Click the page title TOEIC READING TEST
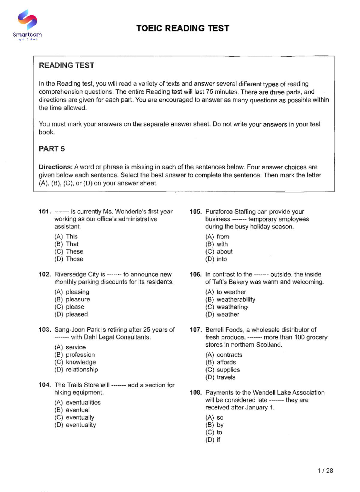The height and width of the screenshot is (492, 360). tap(183, 29)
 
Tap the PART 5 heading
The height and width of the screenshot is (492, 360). tap(52, 149)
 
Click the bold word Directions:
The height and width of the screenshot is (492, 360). tap(55, 167)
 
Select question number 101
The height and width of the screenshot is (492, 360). tap(45, 212)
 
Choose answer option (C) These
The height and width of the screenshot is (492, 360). tap(69, 252)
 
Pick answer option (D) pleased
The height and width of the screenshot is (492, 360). tap(71, 314)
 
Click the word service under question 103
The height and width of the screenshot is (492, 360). tap(76, 347)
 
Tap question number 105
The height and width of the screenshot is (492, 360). tap(196, 212)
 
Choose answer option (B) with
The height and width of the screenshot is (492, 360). tap(217, 244)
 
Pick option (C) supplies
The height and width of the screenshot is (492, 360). tap(223, 370)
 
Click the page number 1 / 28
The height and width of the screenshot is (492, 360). tap(325, 471)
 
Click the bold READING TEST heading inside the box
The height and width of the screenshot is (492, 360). tap(67, 65)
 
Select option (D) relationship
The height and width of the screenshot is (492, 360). tap(76, 370)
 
